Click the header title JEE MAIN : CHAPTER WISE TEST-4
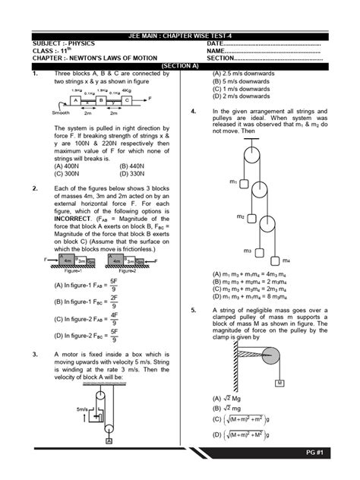pyautogui.click(x=179, y=36)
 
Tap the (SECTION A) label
pyautogui.click(x=180, y=65)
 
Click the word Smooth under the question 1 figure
pyautogui.click(x=62, y=112)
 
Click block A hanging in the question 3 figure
pyautogui.click(x=109, y=440)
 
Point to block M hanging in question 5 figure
pyautogui.click(x=279, y=382)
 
